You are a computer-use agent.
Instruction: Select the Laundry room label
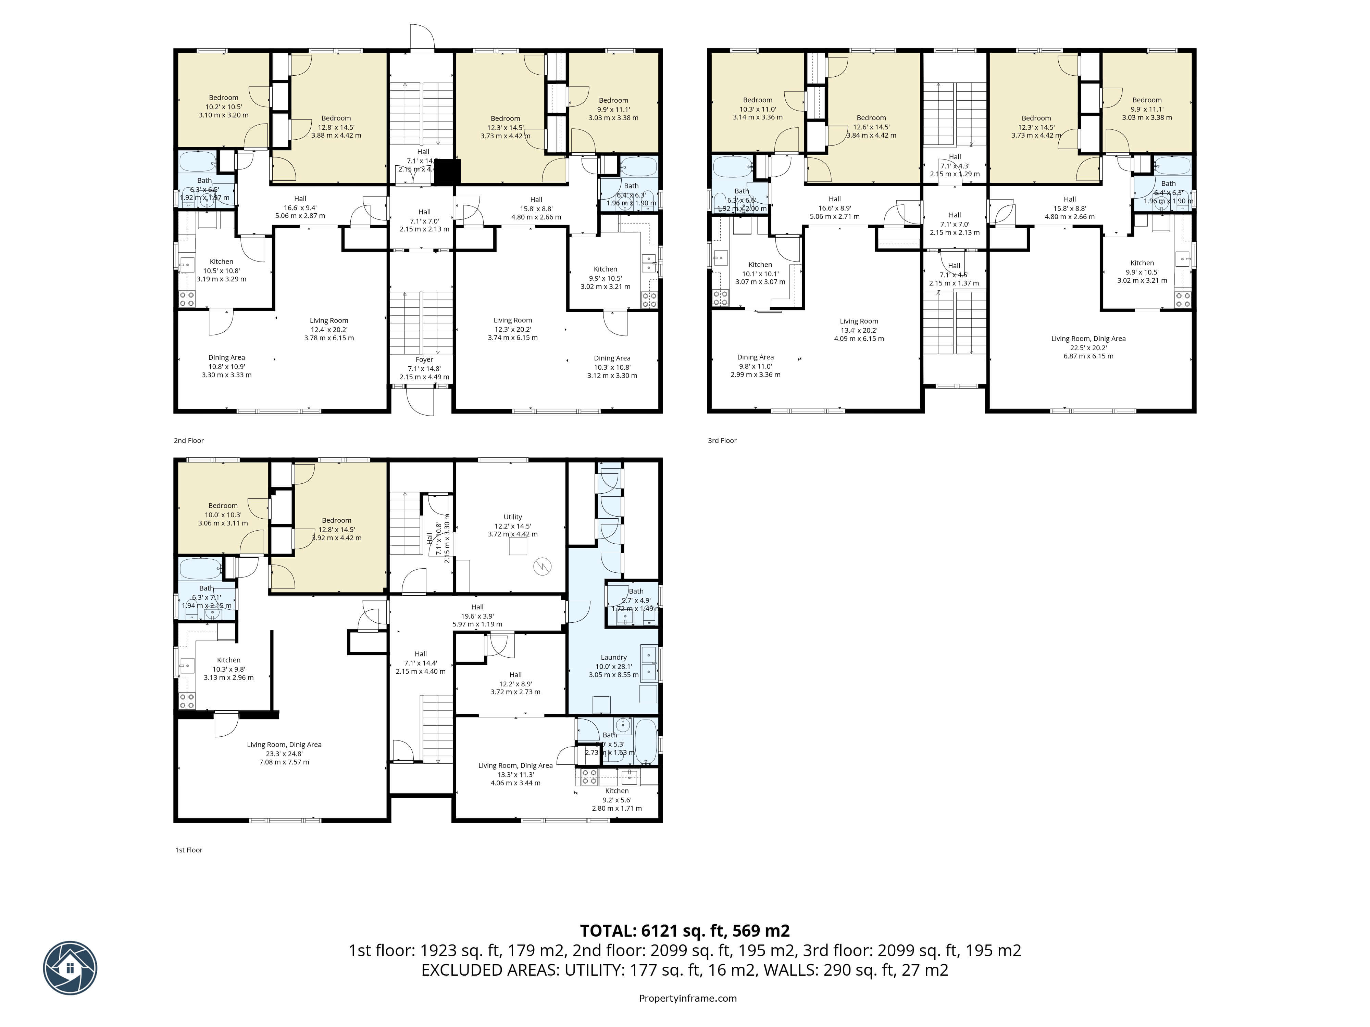(613, 657)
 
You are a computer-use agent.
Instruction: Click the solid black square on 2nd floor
(447, 172)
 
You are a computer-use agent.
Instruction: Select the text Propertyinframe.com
(687, 998)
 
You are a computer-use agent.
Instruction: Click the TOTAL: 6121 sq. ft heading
(684, 930)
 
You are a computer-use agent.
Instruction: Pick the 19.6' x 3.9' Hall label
(477, 616)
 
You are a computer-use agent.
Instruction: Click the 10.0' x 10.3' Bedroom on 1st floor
(223, 515)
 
